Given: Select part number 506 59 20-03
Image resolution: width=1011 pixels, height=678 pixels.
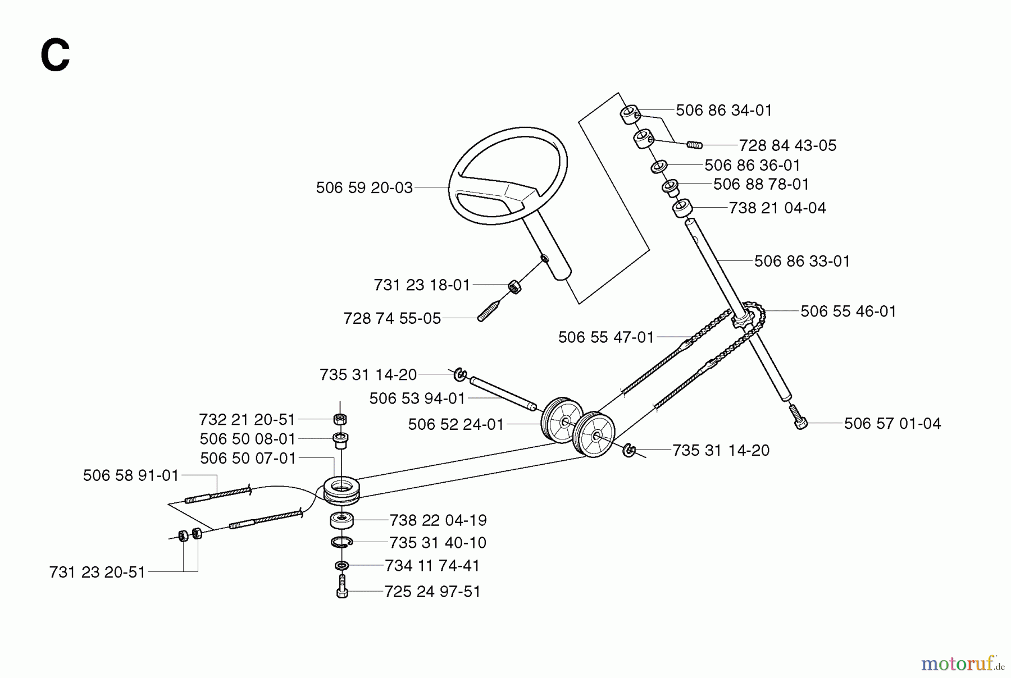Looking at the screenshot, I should (x=364, y=187).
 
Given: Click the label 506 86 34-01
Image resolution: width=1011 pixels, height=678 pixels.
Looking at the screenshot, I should (x=723, y=110).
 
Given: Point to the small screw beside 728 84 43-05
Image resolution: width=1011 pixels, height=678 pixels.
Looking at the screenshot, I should (x=695, y=145).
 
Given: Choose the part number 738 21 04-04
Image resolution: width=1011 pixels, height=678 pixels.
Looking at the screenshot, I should (x=777, y=208).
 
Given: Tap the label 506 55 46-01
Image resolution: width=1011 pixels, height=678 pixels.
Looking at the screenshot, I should (x=848, y=311).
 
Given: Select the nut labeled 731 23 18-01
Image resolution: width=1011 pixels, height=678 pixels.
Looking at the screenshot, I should (x=514, y=286).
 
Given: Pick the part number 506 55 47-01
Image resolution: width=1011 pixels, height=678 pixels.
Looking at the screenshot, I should (x=606, y=337).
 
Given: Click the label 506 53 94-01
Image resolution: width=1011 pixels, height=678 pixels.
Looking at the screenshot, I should (x=417, y=398).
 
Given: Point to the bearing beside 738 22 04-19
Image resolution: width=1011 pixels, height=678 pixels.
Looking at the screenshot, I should (x=341, y=520).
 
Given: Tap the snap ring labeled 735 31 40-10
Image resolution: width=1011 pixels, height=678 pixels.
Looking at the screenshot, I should (x=341, y=542).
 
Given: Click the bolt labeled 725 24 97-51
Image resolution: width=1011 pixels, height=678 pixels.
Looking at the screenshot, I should (x=342, y=588).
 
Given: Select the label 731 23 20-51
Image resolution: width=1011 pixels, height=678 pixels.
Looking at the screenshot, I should (x=97, y=572).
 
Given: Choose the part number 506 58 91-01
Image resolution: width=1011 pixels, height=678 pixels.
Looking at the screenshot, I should (x=130, y=476).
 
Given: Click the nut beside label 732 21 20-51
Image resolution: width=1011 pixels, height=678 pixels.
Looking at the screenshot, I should (x=339, y=419).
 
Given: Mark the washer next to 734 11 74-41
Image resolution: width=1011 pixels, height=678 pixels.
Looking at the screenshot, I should (x=341, y=565).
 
